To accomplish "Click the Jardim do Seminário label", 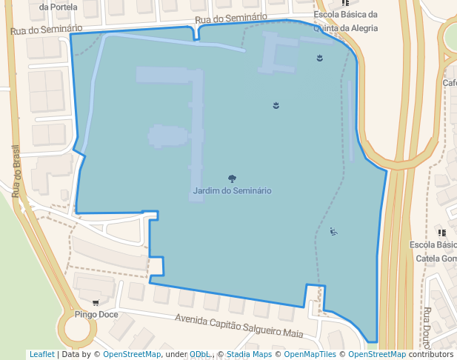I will pyautogui.click(x=232, y=191).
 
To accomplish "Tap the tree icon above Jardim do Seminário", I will pyautogui.click(x=232, y=179).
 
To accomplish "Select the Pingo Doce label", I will pyautogui.click(x=96, y=315).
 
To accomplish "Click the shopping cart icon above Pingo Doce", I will pyautogui.click(x=96, y=303).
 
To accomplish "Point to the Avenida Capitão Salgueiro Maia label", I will pyautogui.click(x=238, y=326).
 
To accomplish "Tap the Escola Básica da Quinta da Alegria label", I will pyautogui.click(x=345, y=21).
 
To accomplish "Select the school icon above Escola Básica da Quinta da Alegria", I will pyautogui.click(x=345, y=3).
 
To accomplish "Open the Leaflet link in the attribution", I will pyautogui.click(x=41, y=355).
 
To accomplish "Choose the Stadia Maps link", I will pyautogui.click(x=249, y=355).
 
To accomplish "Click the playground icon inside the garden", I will pyautogui.click(x=334, y=233).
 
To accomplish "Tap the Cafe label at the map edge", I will pyautogui.click(x=450, y=83).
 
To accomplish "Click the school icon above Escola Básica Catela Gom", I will pyautogui.click(x=441, y=233).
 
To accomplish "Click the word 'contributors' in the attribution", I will pyautogui.click(x=430, y=355).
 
